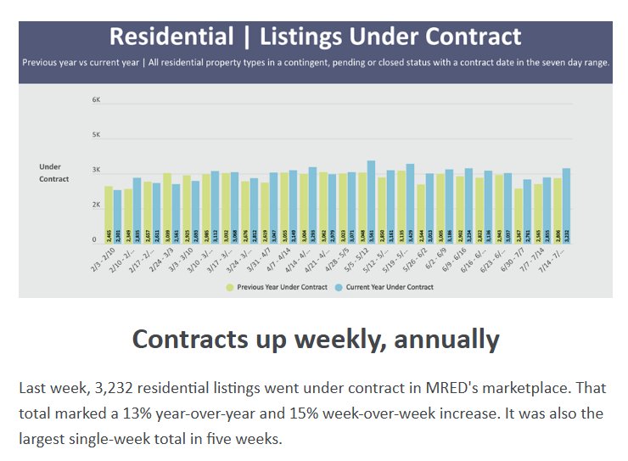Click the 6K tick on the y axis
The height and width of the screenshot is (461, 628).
click(x=96, y=100)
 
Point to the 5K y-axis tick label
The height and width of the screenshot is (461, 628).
click(x=96, y=135)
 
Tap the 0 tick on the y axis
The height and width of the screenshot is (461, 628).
click(x=96, y=240)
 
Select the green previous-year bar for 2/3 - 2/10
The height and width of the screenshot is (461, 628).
click(x=109, y=213)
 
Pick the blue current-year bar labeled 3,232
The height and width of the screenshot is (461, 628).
click(x=566, y=205)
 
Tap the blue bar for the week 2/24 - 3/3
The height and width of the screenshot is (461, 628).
click(x=176, y=212)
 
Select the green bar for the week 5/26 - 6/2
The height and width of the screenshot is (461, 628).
click(x=420, y=212)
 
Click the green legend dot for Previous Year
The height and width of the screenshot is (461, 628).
click(x=230, y=288)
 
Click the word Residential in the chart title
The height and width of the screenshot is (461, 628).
click(x=171, y=37)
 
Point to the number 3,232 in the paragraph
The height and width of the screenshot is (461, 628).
click(x=104, y=388)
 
